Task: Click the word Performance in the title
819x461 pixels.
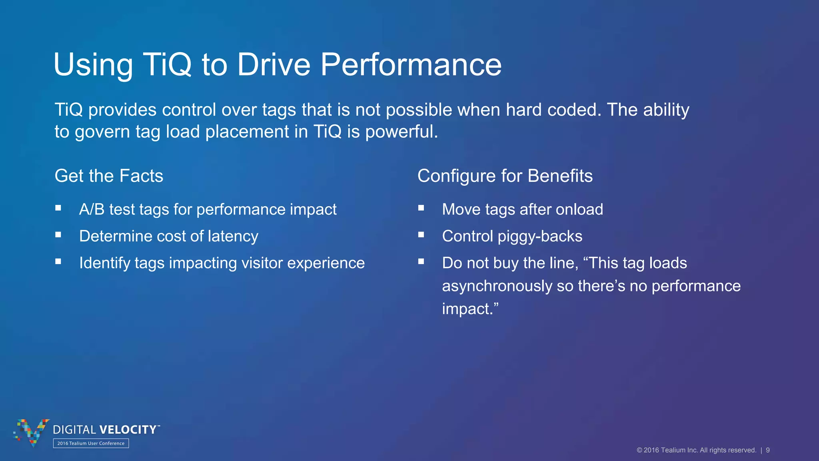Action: click(411, 65)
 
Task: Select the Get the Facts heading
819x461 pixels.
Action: click(109, 176)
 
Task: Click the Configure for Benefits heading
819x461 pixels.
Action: click(505, 176)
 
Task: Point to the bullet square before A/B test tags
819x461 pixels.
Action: click(58, 208)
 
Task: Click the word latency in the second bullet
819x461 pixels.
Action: click(233, 237)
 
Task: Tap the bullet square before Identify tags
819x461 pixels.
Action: click(58, 261)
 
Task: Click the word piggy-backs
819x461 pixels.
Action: click(540, 237)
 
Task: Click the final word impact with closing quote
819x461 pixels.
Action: click(470, 309)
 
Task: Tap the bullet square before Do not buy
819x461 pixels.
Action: click(421, 261)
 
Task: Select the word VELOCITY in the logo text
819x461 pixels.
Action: click(128, 430)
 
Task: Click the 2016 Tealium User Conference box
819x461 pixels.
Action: click(91, 443)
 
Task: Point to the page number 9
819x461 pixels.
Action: click(768, 450)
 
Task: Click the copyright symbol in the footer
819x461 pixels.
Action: click(639, 450)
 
